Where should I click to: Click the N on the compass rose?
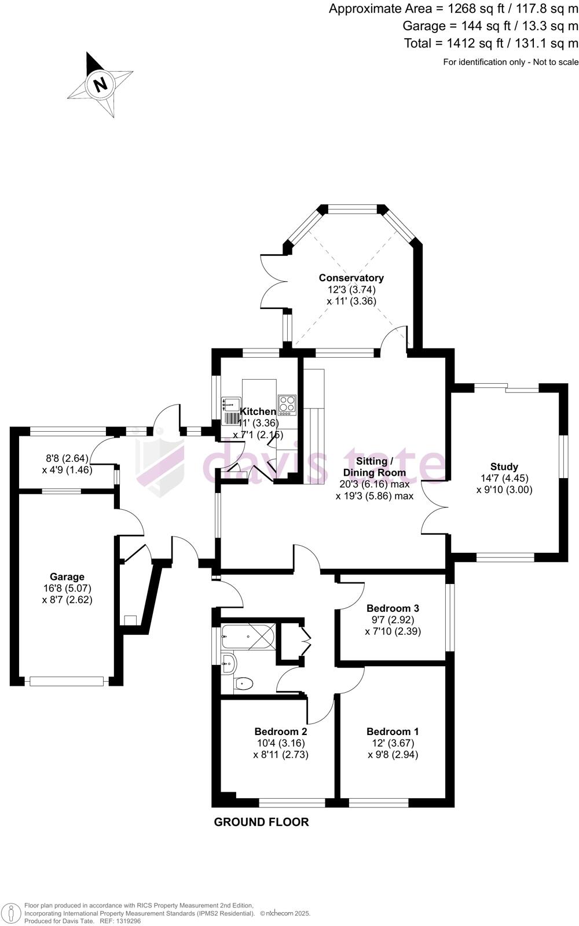coord(101,84)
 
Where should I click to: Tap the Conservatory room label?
coord(351,278)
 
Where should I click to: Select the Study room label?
coord(504,466)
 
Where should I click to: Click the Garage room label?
coord(67,576)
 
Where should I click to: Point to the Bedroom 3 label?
coord(393,608)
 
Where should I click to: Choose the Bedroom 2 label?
coord(281,732)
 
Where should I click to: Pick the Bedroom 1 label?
coord(393,732)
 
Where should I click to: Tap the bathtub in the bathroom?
coord(247,637)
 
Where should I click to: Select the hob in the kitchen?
coord(287,405)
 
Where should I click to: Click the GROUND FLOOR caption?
coord(261,822)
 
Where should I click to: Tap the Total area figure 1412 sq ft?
coord(491,43)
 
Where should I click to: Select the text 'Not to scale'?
coord(553,62)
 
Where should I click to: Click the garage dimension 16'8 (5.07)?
coord(67,589)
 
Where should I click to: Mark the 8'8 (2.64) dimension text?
coord(67,458)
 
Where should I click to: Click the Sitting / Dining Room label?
coord(375,466)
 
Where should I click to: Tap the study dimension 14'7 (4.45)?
coord(504,478)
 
